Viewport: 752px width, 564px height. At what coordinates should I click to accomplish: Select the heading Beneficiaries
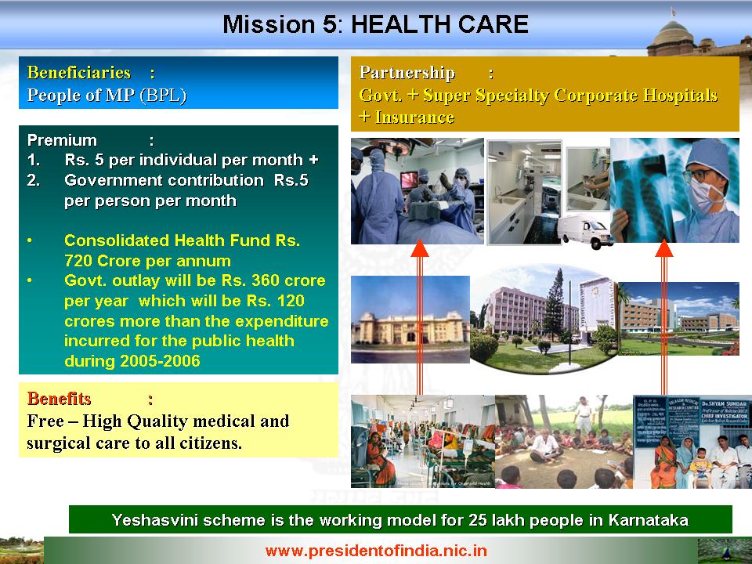pyautogui.click(x=78, y=72)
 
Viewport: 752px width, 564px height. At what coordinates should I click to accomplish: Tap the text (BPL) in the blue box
pyautogui.click(x=163, y=96)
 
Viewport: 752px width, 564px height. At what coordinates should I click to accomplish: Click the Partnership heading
pyautogui.click(x=407, y=72)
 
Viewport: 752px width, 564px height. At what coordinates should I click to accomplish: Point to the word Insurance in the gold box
pyautogui.click(x=415, y=117)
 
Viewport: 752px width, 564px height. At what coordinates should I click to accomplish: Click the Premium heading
pyautogui.click(x=62, y=140)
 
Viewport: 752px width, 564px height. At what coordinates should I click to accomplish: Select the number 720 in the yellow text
pyautogui.click(x=78, y=260)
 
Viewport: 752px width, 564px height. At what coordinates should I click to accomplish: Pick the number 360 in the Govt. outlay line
pyautogui.click(x=266, y=280)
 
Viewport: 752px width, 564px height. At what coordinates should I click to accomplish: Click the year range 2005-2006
pyautogui.click(x=160, y=360)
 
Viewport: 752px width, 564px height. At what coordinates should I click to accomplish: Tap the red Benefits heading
pyautogui.click(x=59, y=399)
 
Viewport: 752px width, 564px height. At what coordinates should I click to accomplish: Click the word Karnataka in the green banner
pyautogui.click(x=649, y=520)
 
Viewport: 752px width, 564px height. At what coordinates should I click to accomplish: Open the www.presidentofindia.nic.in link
pyautogui.click(x=376, y=551)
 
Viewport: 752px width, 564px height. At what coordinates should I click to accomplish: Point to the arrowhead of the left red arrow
pyautogui.click(x=420, y=248)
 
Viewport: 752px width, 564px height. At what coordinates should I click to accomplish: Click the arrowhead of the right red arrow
pyautogui.click(x=664, y=248)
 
